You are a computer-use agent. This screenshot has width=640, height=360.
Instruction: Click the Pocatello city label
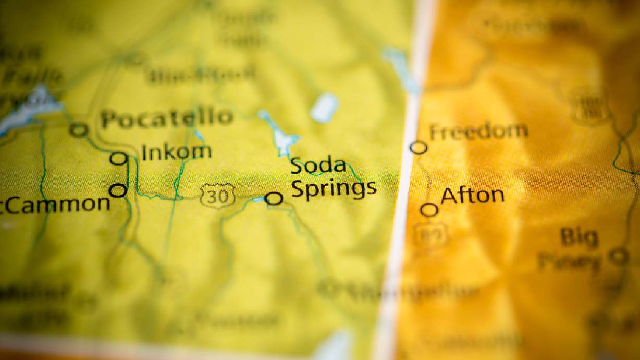pos(167,118)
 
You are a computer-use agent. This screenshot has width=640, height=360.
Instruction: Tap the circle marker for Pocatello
pos(79,130)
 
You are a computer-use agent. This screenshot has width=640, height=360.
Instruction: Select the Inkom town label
pos(177,152)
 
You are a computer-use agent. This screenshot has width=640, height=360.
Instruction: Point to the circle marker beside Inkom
pos(119,158)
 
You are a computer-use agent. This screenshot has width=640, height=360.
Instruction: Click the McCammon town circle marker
pos(118,190)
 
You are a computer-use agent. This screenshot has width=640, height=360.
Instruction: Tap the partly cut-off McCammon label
pos(55,205)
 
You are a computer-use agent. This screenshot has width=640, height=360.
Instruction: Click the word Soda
pos(318,166)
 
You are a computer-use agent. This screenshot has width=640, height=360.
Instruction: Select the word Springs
pos(334,189)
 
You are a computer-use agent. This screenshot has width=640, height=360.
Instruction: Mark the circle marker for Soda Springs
pos(274,198)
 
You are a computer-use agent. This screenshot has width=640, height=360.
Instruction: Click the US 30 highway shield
pos(217,195)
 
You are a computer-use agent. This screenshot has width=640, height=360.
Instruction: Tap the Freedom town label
pos(478,131)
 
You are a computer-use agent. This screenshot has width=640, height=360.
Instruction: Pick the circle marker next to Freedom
pos(419,148)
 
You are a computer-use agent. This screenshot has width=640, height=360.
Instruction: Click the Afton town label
pos(472,196)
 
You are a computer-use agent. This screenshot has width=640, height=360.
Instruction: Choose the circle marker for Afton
pos(429,210)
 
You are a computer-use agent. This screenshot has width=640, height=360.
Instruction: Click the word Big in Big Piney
pos(579,238)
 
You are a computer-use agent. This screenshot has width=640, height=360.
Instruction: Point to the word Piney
pos(569,261)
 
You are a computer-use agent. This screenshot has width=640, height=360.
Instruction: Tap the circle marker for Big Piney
pos(619,256)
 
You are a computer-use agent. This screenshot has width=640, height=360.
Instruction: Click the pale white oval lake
pos(324,108)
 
